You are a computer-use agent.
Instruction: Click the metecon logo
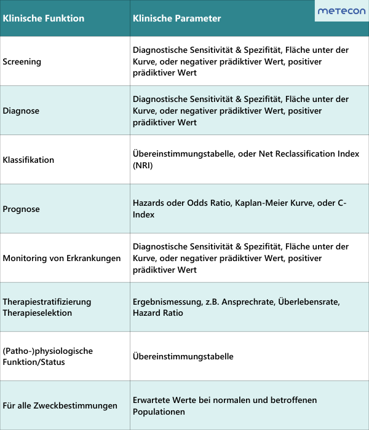click(341, 11)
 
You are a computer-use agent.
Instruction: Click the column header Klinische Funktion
click(43, 18)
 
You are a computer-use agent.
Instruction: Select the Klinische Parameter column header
click(177, 18)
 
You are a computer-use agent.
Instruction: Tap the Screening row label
click(22, 61)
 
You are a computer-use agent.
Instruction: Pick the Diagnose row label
click(21, 111)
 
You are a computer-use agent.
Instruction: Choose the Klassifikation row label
click(28, 160)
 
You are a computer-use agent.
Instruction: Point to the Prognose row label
click(22, 209)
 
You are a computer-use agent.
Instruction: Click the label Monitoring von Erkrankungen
click(61, 258)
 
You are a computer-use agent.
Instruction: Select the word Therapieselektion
click(38, 313)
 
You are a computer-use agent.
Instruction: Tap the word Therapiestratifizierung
click(47, 302)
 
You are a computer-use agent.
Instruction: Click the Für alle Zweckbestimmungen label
click(60, 405)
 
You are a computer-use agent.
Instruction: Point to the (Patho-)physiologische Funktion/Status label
click(47, 356)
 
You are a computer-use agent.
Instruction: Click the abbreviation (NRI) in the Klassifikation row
click(143, 165)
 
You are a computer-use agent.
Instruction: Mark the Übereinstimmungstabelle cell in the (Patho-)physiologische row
click(183, 356)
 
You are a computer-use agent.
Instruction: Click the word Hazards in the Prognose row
click(149, 203)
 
